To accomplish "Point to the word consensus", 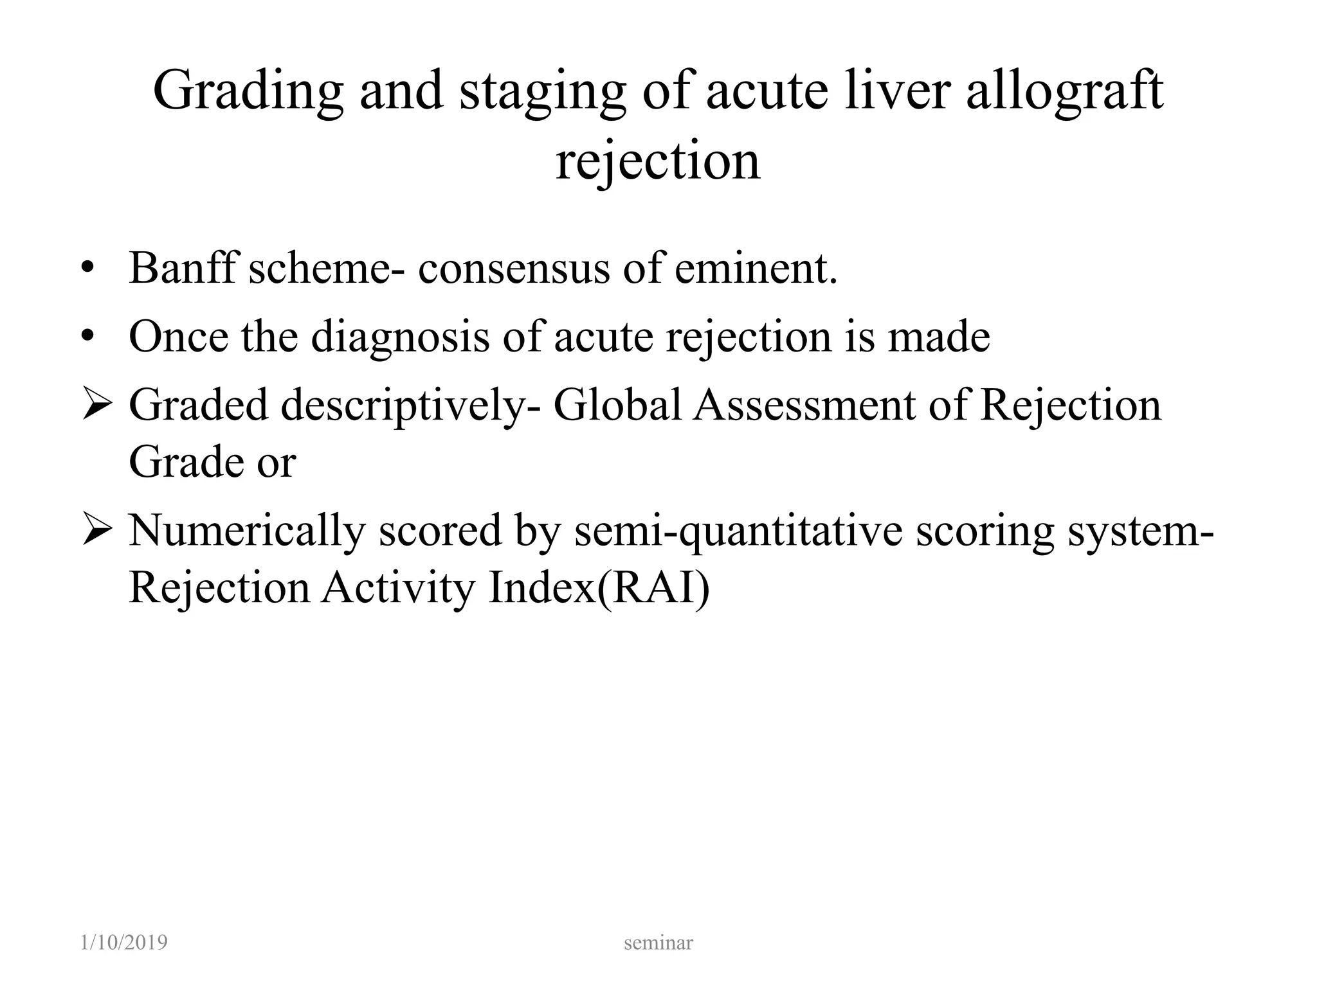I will [513, 268].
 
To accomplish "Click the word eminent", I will [756, 268].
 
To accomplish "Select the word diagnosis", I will [400, 338].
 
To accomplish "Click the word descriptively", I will [403, 407].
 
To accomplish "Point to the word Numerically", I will [246, 532].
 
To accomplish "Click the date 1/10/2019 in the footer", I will [124, 943].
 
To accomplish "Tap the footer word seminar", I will [658, 943].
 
